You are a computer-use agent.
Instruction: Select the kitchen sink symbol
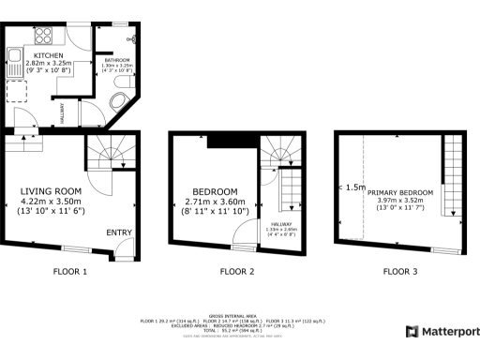[15, 63]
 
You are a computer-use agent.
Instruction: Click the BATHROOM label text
[116, 59]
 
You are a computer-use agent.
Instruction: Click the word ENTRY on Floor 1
[119, 232]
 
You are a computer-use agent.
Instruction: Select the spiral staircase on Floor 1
[108, 149]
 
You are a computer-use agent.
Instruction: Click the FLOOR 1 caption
[70, 272]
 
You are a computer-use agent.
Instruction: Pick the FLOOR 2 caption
[237, 272]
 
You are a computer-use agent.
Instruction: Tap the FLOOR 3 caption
[401, 272]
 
